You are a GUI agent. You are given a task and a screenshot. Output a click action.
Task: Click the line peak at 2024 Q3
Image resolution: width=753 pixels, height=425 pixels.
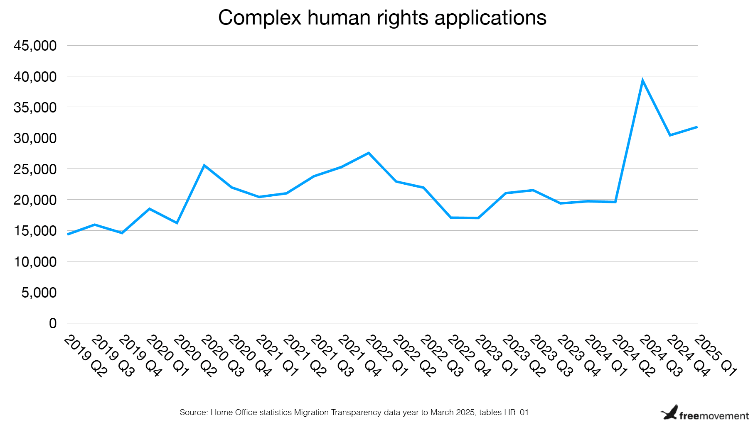(x=642, y=81)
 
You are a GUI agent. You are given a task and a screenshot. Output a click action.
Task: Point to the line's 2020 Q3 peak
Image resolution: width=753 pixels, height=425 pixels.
(x=204, y=165)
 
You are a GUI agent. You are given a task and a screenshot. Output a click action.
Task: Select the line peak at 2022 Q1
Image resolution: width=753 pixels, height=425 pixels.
(x=369, y=153)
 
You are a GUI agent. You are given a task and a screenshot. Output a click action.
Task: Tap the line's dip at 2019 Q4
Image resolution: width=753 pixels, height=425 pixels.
(x=122, y=233)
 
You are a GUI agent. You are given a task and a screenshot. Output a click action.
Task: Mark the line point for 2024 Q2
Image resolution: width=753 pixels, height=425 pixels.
(x=615, y=202)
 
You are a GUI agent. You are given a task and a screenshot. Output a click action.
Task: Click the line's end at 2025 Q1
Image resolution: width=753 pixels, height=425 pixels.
(x=697, y=127)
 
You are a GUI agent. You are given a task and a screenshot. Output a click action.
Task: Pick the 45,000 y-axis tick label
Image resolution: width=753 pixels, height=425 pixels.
(x=35, y=46)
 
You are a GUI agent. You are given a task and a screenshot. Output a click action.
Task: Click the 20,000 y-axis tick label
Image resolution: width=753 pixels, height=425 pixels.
(x=35, y=200)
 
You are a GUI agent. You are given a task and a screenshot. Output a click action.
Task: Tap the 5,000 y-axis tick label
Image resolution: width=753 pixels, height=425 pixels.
(x=39, y=293)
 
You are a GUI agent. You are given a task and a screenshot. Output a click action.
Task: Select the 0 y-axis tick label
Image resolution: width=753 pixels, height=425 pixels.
(x=53, y=323)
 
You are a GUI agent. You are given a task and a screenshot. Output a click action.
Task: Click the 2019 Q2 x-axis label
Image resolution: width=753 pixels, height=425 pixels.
(x=85, y=356)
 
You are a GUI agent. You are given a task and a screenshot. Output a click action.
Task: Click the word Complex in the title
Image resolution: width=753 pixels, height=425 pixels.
(x=259, y=18)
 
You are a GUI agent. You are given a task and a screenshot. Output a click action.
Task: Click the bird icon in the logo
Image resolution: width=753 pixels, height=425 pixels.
(x=669, y=413)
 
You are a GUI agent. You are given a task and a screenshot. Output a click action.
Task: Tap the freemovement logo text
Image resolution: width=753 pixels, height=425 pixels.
(x=714, y=415)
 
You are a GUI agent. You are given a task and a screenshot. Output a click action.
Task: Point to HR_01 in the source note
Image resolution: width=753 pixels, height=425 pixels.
(x=516, y=413)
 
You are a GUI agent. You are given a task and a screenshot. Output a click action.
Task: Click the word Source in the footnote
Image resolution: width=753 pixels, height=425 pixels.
(x=193, y=413)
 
